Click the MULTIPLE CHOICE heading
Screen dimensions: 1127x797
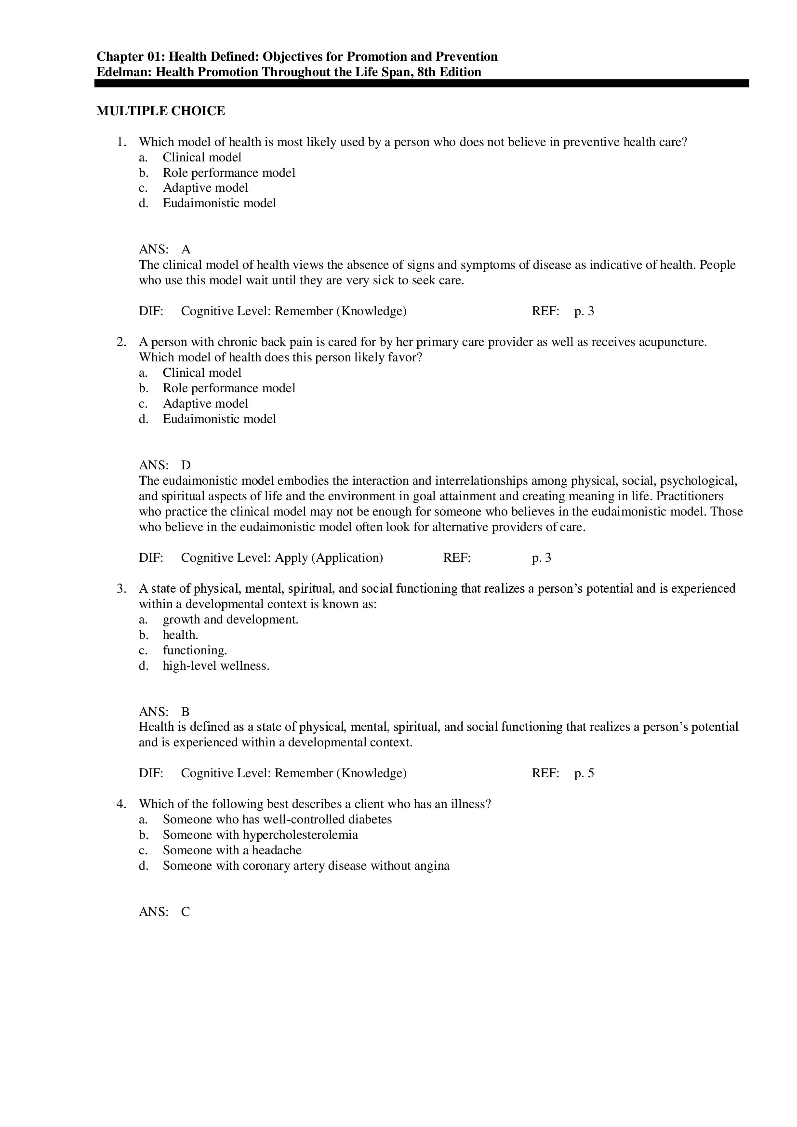tap(160, 111)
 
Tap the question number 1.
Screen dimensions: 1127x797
tap(121, 142)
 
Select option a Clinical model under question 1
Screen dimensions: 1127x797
tap(202, 158)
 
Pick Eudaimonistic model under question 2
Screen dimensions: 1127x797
tap(219, 419)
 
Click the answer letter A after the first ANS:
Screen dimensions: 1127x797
tap(186, 250)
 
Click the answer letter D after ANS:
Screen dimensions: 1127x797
tap(186, 465)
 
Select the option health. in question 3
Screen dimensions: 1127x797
tap(181, 635)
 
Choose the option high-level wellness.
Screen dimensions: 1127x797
tap(216, 665)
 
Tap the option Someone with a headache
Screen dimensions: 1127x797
tap(232, 850)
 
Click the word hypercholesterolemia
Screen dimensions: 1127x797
tap(300, 835)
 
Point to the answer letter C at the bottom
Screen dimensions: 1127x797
tap(186, 912)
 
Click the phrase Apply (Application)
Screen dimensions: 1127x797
tap(329, 557)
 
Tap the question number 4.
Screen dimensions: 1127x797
tap(121, 804)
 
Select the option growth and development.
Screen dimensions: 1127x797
tap(230, 620)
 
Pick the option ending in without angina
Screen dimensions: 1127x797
tap(306, 865)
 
